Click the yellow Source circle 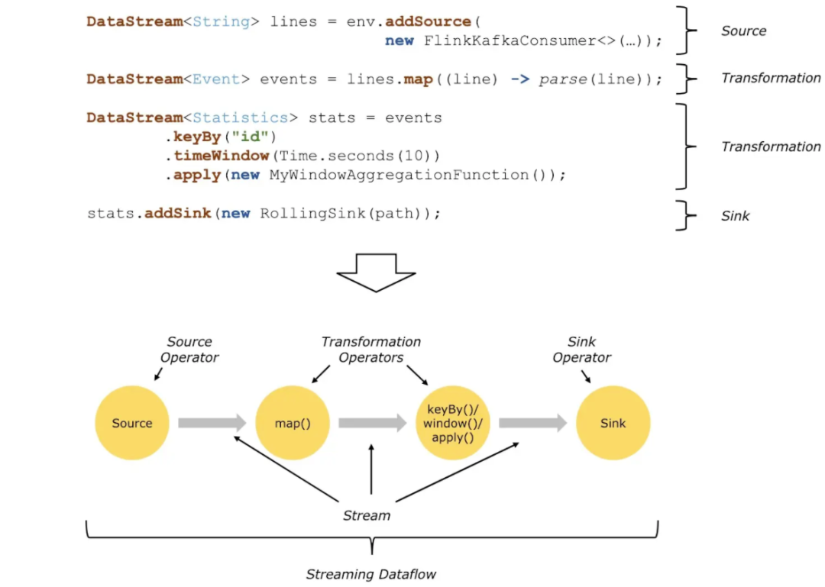pos(132,423)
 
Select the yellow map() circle pos(293,423)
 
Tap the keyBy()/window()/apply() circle pos(452,423)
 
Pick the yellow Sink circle pos(613,423)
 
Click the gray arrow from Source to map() pos(212,423)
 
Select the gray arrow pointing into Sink pos(533,423)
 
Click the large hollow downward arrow pos(376,273)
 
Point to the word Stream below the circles pos(367,515)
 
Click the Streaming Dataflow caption pos(371,574)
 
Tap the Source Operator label pos(189,350)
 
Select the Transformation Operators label pos(371,350)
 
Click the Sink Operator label pos(581,350)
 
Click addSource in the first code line pos(429,21)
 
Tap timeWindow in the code pos(222,156)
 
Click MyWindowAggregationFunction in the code pos(400,175)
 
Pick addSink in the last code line pos(178,213)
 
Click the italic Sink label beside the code pos(735,216)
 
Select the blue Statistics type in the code pos(241,118)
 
